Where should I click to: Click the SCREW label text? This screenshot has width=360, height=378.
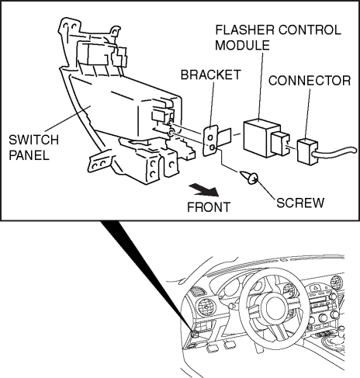[x=300, y=203]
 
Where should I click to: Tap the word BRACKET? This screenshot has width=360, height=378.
[x=210, y=75]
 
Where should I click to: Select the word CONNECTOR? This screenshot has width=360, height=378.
[x=310, y=81]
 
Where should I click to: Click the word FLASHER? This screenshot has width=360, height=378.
[x=244, y=30]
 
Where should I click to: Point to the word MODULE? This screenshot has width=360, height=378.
[x=242, y=45]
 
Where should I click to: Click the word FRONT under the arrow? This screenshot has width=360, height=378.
[x=209, y=207]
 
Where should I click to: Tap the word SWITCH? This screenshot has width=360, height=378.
[x=34, y=140]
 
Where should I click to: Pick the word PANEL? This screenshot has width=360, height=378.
[x=29, y=155]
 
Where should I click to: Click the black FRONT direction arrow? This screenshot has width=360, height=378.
[x=204, y=190]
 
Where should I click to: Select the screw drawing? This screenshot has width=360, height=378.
[x=249, y=178]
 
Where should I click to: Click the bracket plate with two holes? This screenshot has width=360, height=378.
[x=210, y=140]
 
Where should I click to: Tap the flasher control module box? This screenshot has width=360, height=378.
[x=261, y=138]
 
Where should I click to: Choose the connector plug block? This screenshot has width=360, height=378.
[x=306, y=151]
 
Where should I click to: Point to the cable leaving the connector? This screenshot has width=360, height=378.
[x=336, y=152]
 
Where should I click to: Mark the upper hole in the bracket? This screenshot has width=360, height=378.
[x=211, y=137]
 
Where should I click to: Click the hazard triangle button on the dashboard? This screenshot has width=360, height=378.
[x=317, y=287]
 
